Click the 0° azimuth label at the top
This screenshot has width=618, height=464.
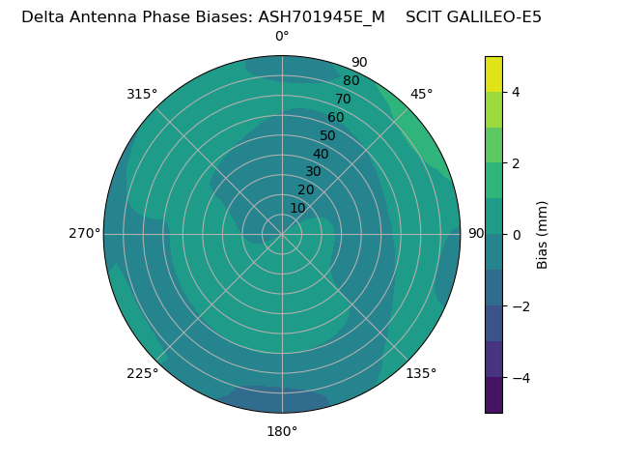(x=282, y=37)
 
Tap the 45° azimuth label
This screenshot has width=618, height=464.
(x=422, y=94)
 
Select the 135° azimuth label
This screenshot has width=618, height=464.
(x=421, y=373)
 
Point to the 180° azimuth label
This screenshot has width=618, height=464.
(x=282, y=431)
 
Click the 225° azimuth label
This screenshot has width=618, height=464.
(x=142, y=373)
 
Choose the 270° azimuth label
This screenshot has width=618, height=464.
(x=84, y=233)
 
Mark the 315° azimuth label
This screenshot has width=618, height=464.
(x=142, y=94)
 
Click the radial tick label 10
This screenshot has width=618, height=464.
(x=297, y=208)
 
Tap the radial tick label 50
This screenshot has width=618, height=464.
(x=327, y=135)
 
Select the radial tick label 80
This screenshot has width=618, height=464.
(x=351, y=81)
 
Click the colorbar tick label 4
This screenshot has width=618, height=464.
(x=517, y=92)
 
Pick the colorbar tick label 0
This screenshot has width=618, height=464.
(x=517, y=235)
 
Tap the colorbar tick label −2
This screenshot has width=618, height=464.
(x=520, y=306)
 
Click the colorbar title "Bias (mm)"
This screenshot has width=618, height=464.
(x=543, y=235)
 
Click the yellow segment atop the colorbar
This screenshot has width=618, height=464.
(x=493, y=73)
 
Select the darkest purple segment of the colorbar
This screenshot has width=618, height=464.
(x=493, y=395)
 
